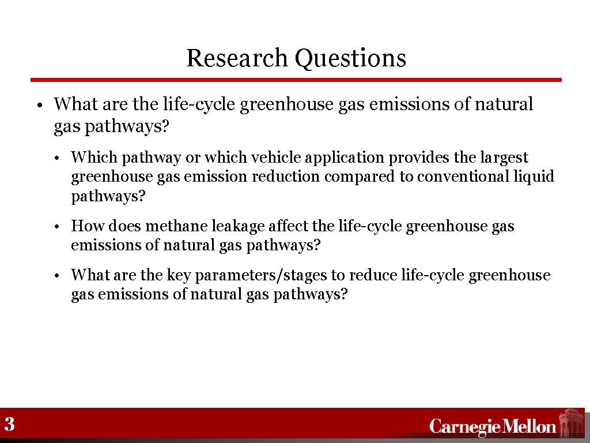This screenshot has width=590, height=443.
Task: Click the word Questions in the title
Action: (350, 58)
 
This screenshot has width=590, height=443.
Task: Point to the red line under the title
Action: (296, 80)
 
